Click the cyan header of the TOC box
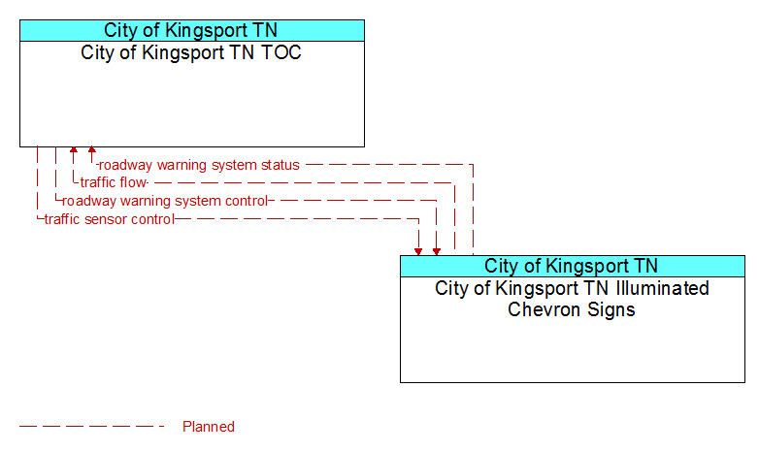(192, 30)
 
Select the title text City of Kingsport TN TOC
(191, 52)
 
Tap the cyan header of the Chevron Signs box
(573, 266)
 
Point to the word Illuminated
(663, 288)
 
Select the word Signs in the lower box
(610, 310)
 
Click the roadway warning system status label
(199, 165)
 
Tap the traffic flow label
(114, 182)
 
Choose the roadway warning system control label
(165, 201)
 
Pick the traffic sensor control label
(110, 219)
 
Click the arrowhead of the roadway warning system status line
(92, 149)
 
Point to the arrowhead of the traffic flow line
(74, 149)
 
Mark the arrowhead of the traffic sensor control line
(418, 252)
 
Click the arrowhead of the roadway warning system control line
(437, 252)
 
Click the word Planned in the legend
(209, 427)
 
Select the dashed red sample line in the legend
(92, 427)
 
